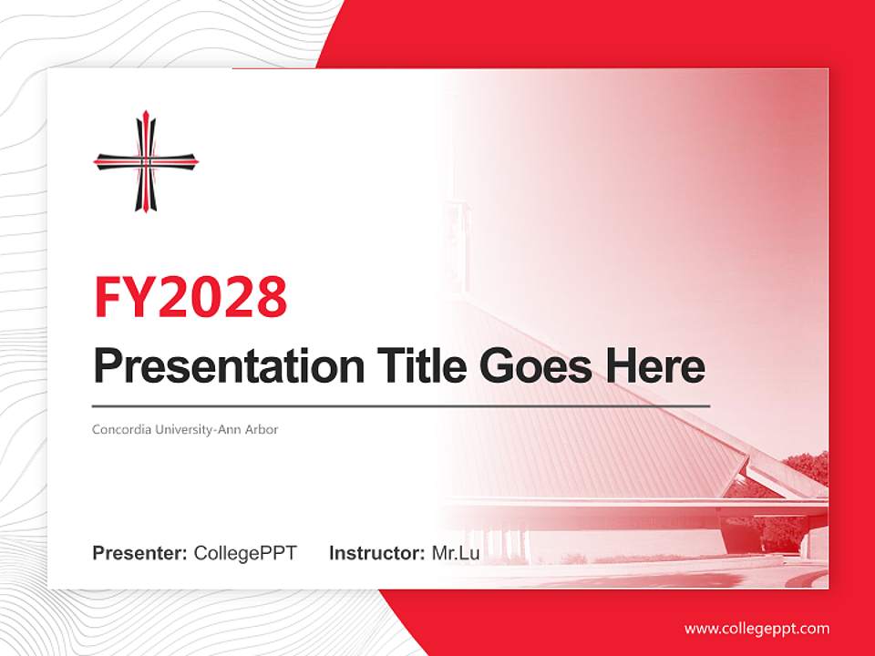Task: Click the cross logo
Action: coord(145,161)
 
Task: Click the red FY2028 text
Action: coord(190,296)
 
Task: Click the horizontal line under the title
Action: coord(401,405)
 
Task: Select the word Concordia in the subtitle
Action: coord(122,429)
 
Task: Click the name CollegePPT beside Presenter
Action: coord(245,553)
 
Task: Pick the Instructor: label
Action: coord(376,553)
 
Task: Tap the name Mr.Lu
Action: coord(455,553)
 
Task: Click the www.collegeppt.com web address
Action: coord(757,629)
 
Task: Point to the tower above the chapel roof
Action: coord(458,241)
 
